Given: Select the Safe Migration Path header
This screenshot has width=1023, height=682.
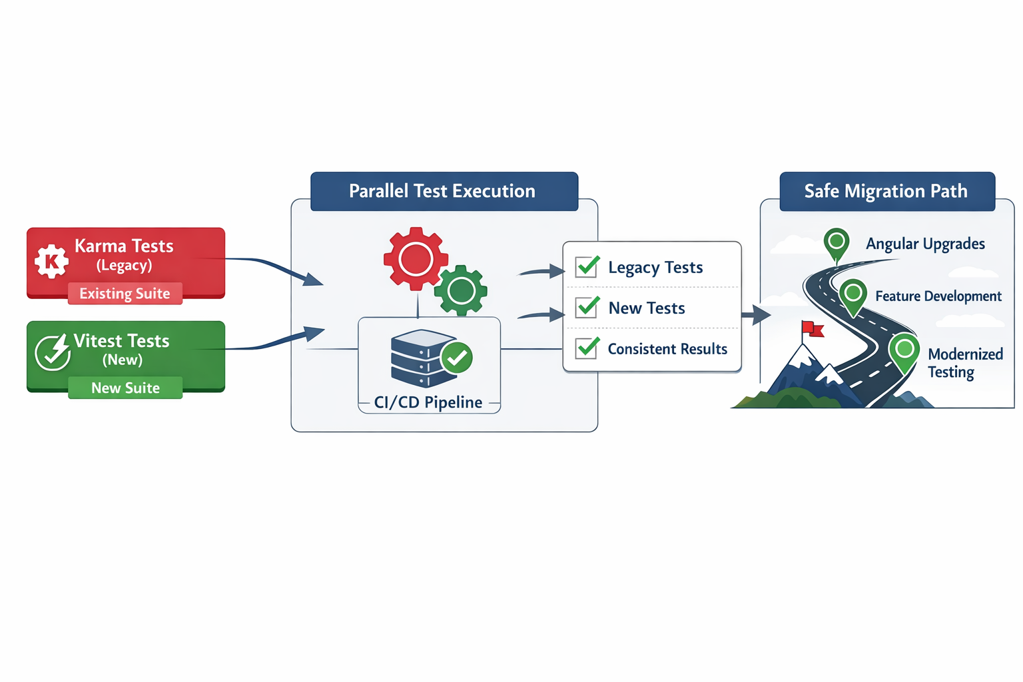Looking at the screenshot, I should (x=886, y=191).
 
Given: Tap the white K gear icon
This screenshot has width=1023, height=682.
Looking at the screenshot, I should (x=51, y=261).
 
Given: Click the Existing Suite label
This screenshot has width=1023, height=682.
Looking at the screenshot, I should (x=125, y=294).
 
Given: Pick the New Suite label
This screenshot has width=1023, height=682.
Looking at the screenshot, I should (x=125, y=388).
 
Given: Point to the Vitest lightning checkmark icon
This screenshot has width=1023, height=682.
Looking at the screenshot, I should (x=53, y=352).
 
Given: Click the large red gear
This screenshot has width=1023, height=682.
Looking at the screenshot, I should (x=416, y=258).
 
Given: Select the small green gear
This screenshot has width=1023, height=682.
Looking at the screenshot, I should (x=461, y=290).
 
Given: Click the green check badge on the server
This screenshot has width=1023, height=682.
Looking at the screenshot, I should (x=457, y=358).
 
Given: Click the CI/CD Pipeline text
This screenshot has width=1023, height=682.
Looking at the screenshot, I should (x=428, y=402).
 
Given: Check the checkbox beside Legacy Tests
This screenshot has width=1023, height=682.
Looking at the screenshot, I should (x=587, y=267).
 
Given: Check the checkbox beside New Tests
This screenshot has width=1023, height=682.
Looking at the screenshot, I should (x=587, y=308).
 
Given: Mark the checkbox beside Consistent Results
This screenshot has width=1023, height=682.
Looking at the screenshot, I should (x=587, y=348).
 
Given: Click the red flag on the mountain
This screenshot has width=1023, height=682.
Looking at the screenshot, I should (x=813, y=328).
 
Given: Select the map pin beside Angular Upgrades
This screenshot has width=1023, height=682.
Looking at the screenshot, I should (x=837, y=242).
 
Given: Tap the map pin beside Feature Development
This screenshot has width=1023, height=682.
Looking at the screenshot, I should (x=852, y=294).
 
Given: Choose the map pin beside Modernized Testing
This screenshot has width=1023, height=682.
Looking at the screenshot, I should (x=904, y=350).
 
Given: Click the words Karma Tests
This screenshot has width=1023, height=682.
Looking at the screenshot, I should (x=124, y=246).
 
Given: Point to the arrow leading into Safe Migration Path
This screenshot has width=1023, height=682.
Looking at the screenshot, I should (x=756, y=314).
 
